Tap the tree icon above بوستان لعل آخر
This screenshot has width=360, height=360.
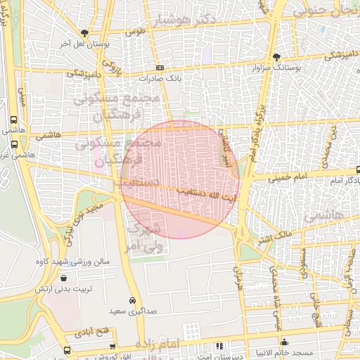pos(86,33)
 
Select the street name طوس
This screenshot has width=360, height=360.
pos(135,32)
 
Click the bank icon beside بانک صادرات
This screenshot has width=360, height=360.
pos(160,67)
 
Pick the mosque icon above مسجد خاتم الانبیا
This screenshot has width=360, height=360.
pos(284,342)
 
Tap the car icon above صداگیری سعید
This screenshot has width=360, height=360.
pos(132,299)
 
